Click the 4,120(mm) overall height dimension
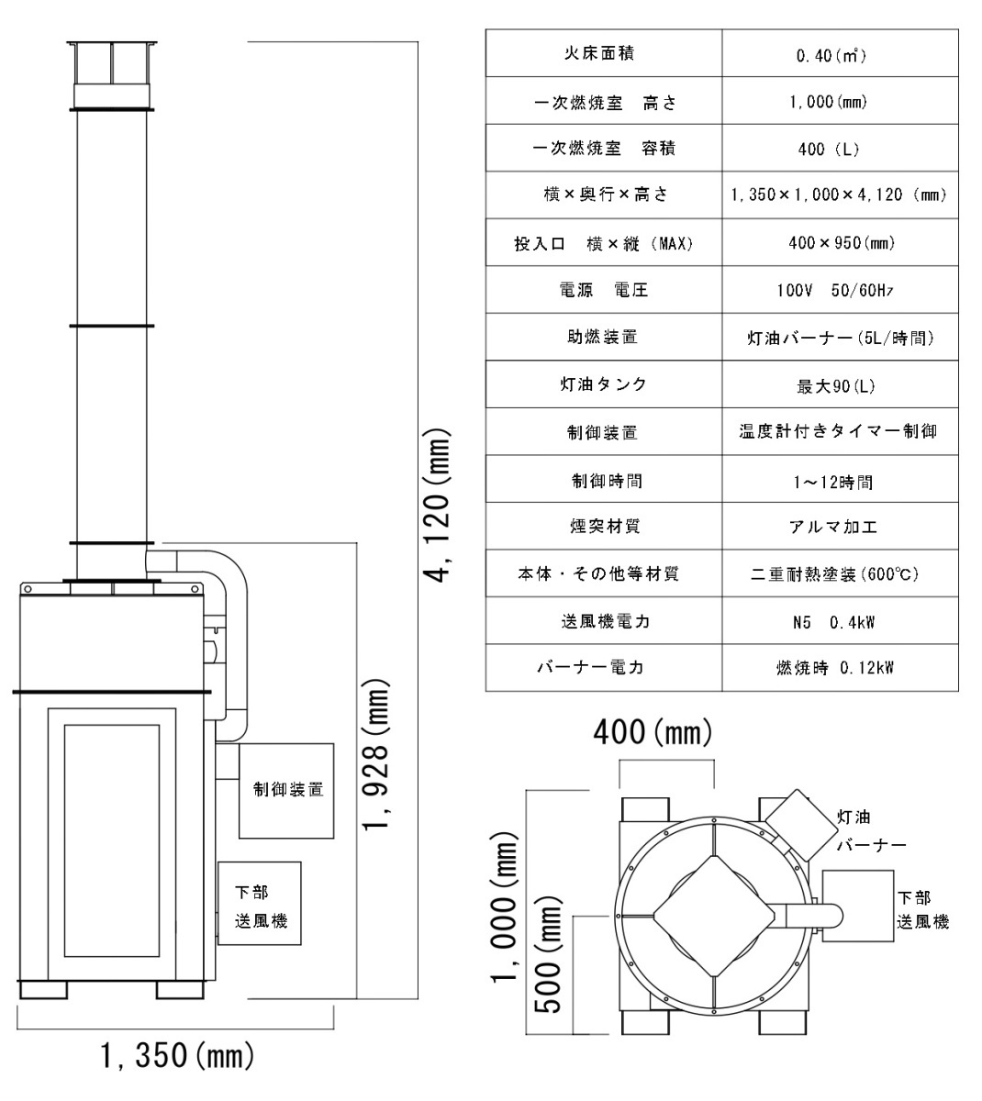pos(439,506)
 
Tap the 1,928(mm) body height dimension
pos(376,755)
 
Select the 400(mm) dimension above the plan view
pos(653,732)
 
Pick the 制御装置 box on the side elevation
pos(286,791)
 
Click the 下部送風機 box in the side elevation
pos(260,903)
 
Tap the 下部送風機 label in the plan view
pos(922,910)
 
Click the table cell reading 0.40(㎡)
pos(840,53)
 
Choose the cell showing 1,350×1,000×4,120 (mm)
pos(840,195)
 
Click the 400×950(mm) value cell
pos(840,242)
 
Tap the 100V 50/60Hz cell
pos(840,290)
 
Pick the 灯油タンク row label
pos(604,384)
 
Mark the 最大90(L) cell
pos(840,384)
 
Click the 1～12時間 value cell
pos(840,479)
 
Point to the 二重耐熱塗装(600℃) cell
pos(840,573)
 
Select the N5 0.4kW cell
pos(840,620)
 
